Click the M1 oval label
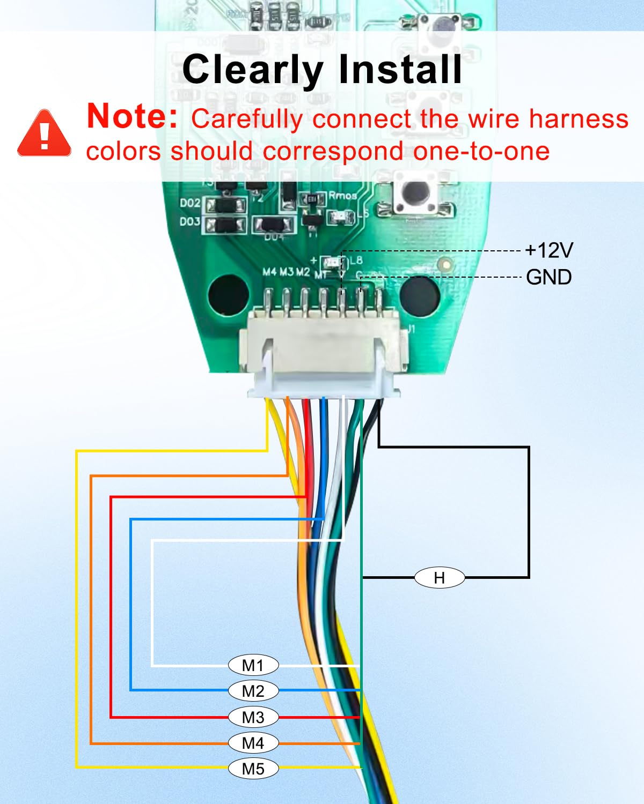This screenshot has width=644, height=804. click(253, 665)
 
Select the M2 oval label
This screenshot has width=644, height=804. click(253, 691)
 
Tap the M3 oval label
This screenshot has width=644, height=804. click(253, 717)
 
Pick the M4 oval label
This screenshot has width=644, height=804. click(253, 743)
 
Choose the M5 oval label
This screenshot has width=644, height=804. click(253, 769)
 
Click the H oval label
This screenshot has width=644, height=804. click(440, 578)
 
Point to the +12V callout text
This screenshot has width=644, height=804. click(549, 250)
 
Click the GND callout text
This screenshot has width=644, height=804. click(548, 277)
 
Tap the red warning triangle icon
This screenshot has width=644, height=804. click(45, 134)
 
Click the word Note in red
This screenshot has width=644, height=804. click(132, 116)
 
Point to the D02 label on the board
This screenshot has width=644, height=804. click(190, 203)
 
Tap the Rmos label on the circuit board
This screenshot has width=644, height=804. click(342, 196)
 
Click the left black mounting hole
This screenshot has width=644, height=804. click(228, 294)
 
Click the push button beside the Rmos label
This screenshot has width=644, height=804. click(415, 195)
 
